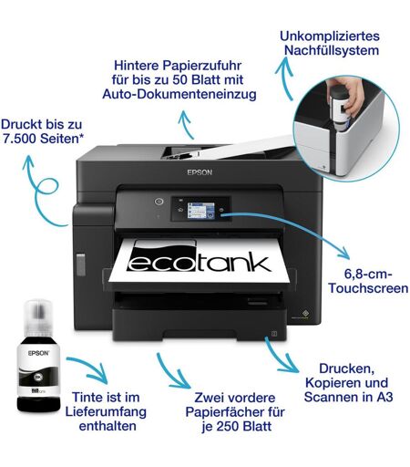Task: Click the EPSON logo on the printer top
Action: coord(200,172)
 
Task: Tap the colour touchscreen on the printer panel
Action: coord(200,211)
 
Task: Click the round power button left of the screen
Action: coord(159,202)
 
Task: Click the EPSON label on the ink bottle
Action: coord(38,353)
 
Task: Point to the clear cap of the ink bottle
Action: coord(38,317)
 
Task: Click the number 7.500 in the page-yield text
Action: coord(20,139)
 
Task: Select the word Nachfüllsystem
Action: coord(332,50)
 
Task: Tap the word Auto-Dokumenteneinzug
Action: coord(179,94)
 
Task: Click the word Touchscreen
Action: coord(368,288)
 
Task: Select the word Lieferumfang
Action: coord(106,412)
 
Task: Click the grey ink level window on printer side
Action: coord(81,265)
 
